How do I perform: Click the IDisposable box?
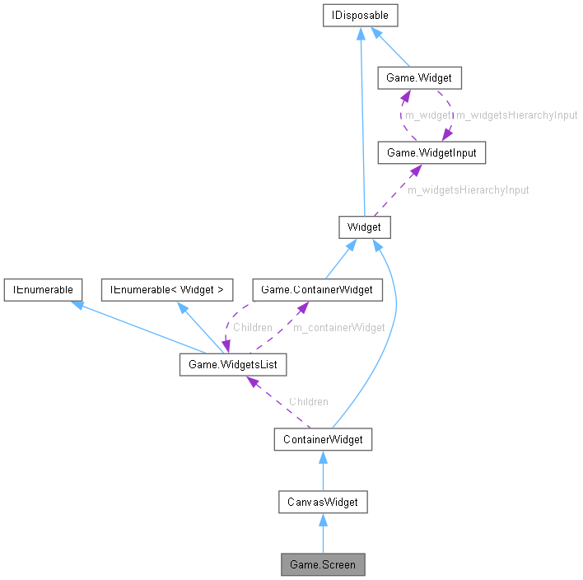pos(361,15)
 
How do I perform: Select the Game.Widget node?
pos(418,79)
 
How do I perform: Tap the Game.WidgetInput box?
pos(425,152)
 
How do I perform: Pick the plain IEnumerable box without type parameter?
pos(42,289)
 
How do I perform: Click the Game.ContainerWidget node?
pos(317,289)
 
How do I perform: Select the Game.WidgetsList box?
pos(233,363)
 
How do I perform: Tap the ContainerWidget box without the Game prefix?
pos(322,439)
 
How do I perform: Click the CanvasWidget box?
pos(322,502)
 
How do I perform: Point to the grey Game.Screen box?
pos(322,565)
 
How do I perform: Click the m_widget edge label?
pos(427,115)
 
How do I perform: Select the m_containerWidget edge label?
pos(339,327)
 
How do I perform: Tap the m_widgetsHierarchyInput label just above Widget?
pos(468,189)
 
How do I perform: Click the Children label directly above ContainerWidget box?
pos(308,401)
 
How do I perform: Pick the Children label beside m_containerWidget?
pos(252,327)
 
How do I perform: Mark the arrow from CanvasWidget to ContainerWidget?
pos(322,470)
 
